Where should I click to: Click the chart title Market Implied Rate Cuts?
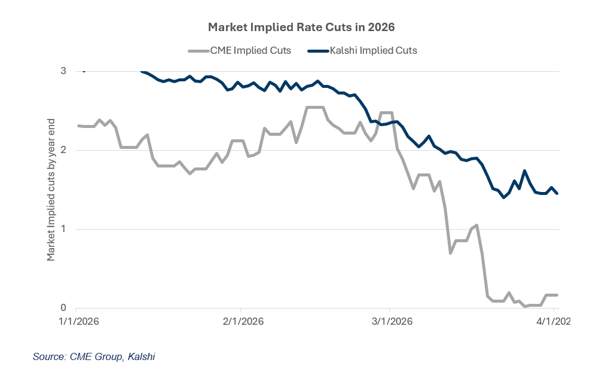coord(302,28)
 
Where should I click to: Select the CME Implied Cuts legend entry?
coord(239,50)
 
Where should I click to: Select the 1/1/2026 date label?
coord(78,321)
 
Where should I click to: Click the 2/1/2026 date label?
coord(240,321)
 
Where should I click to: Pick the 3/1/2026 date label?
coord(389,321)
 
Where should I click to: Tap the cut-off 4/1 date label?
coord(553,321)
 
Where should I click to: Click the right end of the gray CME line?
coord(557,295)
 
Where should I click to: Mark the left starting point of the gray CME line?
coord(79,126)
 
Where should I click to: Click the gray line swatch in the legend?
coord(197,50)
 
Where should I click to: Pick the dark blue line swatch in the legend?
coord(317,50)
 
